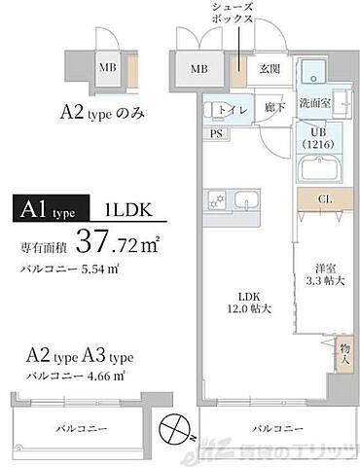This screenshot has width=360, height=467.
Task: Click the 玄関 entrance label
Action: tap(270, 69)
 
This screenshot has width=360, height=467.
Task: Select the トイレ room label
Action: tap(232, 108)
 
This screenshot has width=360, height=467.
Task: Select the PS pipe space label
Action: tap(215, 133)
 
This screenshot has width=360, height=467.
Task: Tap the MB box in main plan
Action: tap(198, 68)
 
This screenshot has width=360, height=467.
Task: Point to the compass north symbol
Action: tap(171, 428)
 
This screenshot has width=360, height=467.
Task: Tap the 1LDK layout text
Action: tap(127, 207)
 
